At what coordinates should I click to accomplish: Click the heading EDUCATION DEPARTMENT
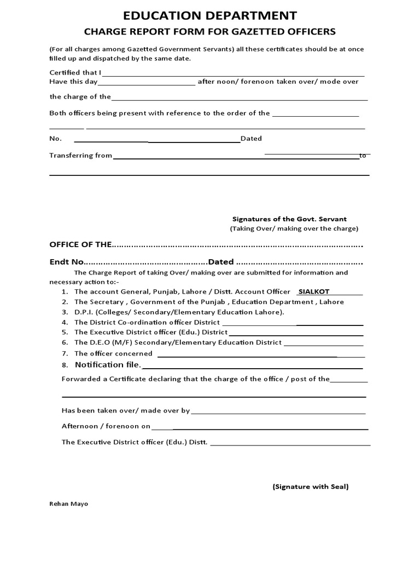(210, 15)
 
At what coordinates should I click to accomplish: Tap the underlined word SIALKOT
(314, 292)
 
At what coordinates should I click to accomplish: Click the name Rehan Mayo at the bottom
(68, 504)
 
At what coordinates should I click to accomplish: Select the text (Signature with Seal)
(310, 486)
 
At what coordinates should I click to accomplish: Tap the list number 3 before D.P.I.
(65, 312)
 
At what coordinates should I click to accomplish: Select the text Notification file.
(108, 365)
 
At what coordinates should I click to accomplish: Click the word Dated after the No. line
(252, 139)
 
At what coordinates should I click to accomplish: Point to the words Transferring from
(80, 156)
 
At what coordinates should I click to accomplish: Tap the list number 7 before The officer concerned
(65, 354)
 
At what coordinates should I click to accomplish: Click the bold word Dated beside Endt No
(220, 261)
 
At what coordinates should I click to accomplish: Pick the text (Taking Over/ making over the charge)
(294, 228)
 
